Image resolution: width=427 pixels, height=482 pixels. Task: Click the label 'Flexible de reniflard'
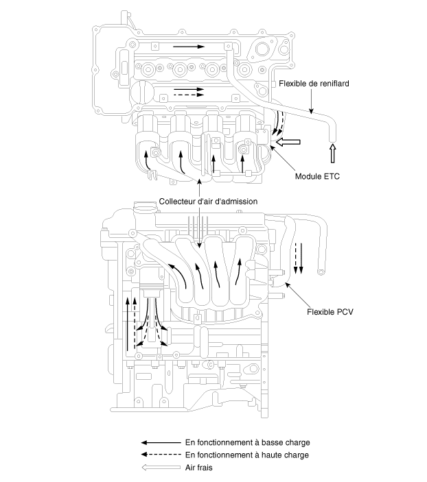pos(314,84)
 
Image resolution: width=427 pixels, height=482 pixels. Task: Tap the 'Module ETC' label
pos(317,176)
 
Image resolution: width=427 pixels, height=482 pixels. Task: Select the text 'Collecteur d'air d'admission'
pos(208,202)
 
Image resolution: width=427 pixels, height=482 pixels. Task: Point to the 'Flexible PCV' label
pos(330,312)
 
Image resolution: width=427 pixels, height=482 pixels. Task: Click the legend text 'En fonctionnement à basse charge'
pos(248,443)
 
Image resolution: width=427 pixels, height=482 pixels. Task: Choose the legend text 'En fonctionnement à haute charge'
pos(247,455)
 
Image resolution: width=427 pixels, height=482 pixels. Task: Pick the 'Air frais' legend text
pos(199,468)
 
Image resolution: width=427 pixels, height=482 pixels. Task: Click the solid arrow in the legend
pos(161,443)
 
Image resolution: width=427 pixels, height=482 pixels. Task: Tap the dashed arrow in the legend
pos(161,455)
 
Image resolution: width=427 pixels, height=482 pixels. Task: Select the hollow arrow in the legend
pos(161,467)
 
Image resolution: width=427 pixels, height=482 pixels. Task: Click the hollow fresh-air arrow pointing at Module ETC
pos(288,142)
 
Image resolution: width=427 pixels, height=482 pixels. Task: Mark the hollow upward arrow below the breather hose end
pos(332,153)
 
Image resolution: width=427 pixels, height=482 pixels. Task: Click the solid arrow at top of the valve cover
pos(189,47)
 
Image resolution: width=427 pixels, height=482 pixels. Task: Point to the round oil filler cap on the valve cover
pos(141,92)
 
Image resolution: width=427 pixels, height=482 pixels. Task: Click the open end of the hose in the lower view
pos(321,272)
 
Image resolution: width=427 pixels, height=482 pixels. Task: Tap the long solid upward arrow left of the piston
pos(128,324)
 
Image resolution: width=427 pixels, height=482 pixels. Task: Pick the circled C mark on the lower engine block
pos(211,365)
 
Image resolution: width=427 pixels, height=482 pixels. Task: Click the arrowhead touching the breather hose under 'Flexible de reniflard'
pos(311,111)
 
